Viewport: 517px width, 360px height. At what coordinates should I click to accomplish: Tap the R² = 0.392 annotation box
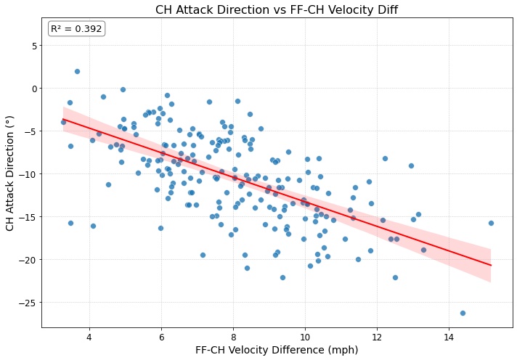click(78, 28)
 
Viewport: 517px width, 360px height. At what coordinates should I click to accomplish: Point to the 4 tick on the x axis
click(89, 337)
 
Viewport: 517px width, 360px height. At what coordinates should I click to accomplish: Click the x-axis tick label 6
click(161, 337)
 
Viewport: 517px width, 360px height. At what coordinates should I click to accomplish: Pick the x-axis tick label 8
click(233, 337)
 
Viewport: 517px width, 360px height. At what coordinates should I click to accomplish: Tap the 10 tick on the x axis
click(305, 337)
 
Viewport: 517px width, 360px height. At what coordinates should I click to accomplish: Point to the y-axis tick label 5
click(33, 46)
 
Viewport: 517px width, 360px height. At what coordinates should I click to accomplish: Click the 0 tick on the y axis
click(33, 89)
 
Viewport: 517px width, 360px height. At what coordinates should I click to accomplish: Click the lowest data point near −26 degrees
click(463, 313)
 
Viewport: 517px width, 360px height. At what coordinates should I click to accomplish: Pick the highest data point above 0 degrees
click(77, 71)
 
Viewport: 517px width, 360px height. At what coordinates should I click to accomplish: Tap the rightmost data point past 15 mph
click(491, 223)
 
